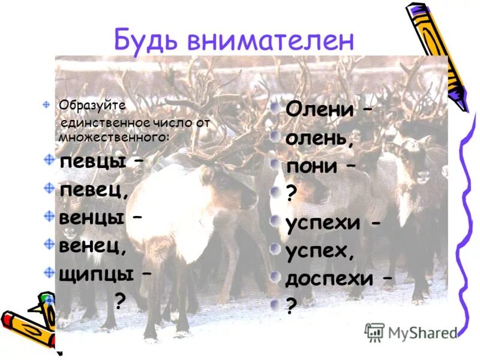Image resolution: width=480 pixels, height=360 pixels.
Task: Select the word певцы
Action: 92,162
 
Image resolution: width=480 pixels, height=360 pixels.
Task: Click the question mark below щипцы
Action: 120,301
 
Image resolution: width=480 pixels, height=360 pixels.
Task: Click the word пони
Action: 311,166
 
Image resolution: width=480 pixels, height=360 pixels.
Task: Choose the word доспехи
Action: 330,279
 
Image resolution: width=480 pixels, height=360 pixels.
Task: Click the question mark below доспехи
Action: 292,307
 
